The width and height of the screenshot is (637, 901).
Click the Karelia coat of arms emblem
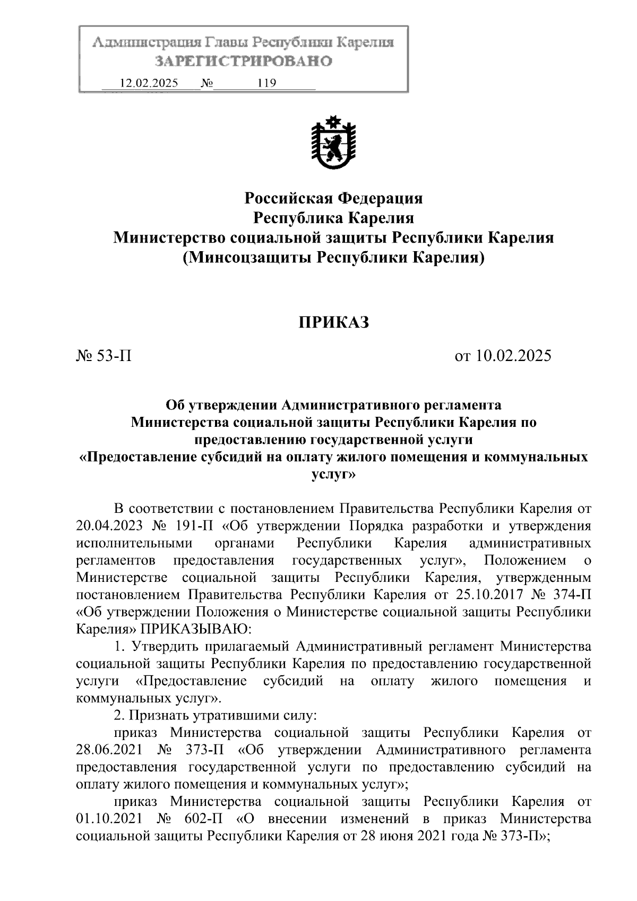[x=333, y=143]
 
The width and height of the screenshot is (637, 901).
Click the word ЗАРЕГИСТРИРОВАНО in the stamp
[x=243, y=62]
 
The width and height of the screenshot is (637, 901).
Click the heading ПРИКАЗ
[x=333, y=322]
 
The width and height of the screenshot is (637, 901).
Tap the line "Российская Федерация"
[x=333, y=199]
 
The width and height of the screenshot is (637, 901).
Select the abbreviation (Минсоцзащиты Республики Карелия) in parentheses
[x=333, y=258]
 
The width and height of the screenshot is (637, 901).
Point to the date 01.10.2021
[x=109, y=819]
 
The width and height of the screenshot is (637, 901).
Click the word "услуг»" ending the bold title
[x=333, y=475]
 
